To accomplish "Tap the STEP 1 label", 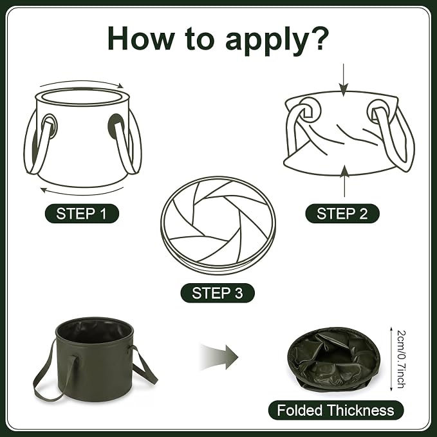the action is [x=82, y=214].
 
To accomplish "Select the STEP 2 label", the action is [x=342, y=214].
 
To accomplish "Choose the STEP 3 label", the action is [x=218, y=293].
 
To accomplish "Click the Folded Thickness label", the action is [x=336, y=410].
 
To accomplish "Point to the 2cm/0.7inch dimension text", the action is [x=401, y=360].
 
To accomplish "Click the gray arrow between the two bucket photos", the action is [x=219, y=357].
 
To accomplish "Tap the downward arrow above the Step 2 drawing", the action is [x=344, y=80].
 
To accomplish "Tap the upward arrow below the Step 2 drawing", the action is [x=345, y=181].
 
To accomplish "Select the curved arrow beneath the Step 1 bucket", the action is [x=82, y=192].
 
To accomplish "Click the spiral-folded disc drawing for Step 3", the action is [x=218, y=225].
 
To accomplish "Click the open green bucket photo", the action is [x=95, y=360].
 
